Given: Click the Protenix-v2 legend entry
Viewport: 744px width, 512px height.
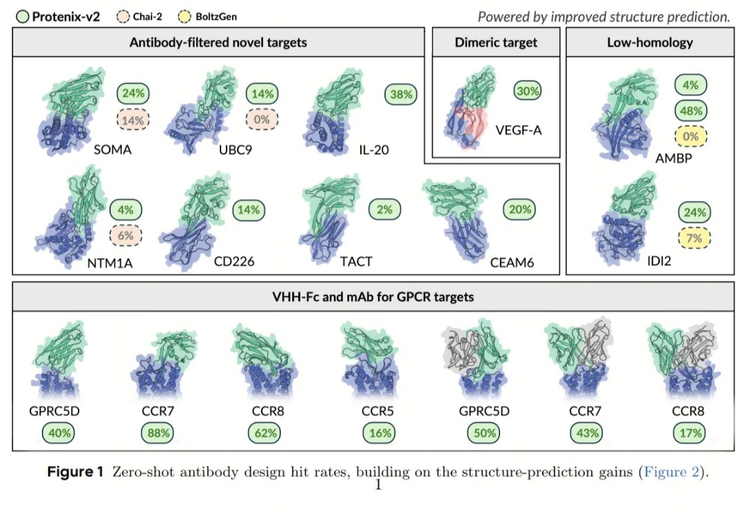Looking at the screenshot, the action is [59, 17].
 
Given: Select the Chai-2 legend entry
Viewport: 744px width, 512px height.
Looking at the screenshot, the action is [139, 17].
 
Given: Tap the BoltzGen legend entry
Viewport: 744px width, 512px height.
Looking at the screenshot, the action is [207, 17].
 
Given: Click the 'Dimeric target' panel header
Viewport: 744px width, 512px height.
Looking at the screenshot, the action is [496, 42].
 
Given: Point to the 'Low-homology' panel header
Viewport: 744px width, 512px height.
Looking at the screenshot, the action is [650, 42].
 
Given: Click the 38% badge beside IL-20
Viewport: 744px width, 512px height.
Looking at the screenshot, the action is [401, 94].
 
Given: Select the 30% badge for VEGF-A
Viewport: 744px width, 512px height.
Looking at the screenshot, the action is [528, 91].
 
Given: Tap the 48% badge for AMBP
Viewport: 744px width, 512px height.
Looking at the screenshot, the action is [691, 111].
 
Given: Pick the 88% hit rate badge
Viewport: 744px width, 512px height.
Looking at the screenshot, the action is [158, 433].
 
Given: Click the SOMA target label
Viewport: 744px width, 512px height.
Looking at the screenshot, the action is [112, 150].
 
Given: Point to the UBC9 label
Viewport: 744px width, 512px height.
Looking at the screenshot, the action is [236, 150].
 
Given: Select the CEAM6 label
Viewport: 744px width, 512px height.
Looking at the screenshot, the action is [512, 262].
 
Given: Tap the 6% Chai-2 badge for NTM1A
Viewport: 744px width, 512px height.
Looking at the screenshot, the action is [126, 235].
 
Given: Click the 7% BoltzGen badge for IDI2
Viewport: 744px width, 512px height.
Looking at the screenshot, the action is [694, 237].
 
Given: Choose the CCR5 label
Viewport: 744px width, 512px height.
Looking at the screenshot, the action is [378, 411].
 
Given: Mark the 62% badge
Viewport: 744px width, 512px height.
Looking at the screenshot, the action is [266, 433].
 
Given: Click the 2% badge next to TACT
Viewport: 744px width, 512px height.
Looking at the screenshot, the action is [385, 209].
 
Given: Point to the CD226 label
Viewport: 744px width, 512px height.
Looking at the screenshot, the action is [234, 262].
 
